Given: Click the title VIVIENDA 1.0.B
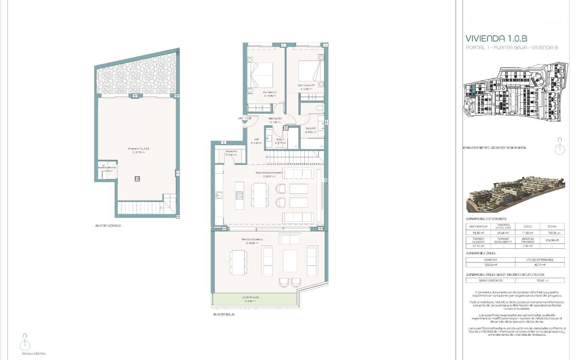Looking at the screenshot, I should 496,38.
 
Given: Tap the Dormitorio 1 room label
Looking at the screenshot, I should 270,92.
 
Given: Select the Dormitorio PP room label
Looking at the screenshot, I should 306,85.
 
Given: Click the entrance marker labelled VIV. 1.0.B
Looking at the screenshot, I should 244,118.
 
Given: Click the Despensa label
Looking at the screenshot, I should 231,151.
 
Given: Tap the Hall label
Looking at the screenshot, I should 256,139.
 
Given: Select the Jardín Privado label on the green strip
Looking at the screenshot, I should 250,297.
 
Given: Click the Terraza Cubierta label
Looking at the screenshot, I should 252,239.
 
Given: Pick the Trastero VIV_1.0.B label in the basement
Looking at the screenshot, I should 139,149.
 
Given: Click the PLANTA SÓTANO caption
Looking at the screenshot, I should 108,226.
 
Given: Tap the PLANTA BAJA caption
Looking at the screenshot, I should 224,315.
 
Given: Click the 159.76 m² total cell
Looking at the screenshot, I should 552,233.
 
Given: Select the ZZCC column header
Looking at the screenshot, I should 527,226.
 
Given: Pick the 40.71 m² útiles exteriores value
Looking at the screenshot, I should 539,265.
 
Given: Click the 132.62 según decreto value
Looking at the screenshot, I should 539,280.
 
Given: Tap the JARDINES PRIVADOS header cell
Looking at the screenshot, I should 527,240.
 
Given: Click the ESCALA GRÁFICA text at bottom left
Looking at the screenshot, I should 34,354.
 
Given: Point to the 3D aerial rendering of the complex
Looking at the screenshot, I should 515,193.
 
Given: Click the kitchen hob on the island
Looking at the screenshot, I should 239,195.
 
